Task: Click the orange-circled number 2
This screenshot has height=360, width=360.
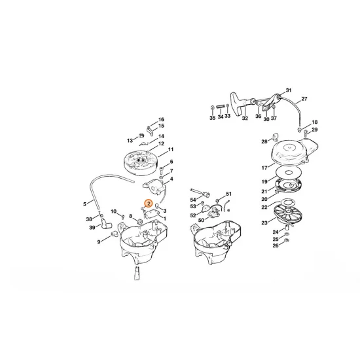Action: (x=150, y=204)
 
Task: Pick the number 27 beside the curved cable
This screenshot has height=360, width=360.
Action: (x=304, y=99)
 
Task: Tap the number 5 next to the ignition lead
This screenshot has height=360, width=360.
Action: (x=84, y=202)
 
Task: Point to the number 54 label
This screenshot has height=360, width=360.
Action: (x=193, y=198)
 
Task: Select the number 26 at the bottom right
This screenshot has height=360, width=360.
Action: (x=276, y=246)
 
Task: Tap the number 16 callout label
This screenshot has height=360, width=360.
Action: (x=161, y=120)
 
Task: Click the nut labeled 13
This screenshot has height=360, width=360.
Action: (x=143, y=140)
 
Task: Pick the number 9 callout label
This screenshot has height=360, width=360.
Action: (x=99, y=242)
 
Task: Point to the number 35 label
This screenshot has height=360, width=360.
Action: (x=212, y=118)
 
